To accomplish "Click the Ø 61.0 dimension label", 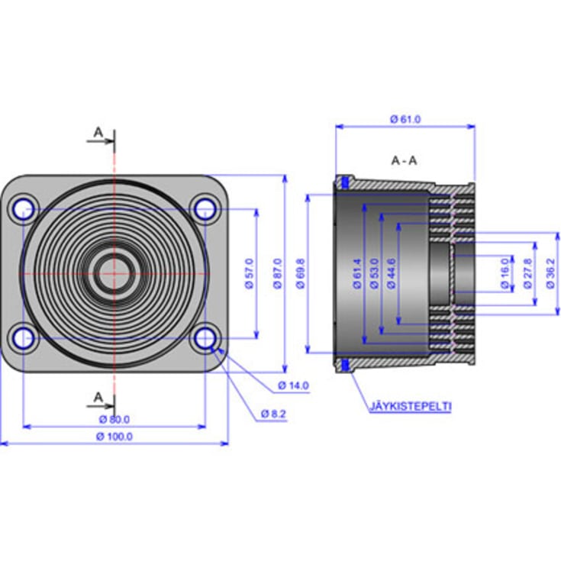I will [405, 119].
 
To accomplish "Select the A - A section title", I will [404, 160].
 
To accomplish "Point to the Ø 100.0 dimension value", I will [114, 437].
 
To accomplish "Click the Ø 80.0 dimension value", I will [114, 419].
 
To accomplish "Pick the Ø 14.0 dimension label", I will [293, 385].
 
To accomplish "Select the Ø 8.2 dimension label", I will [272, 413].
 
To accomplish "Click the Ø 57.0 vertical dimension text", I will [249, 273].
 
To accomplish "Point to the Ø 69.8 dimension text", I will [300, 273].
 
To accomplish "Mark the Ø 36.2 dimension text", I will [550, 273].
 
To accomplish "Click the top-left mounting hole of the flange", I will [24, 208].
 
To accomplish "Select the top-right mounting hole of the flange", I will [205, 207].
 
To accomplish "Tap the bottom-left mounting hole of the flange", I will [24, 338].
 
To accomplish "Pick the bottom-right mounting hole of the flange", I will [205, 338].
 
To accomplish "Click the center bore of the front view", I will [114, 272].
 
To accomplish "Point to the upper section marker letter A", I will [98, 132].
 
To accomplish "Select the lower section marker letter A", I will [98, 396].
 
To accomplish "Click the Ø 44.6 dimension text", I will [392, 273].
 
